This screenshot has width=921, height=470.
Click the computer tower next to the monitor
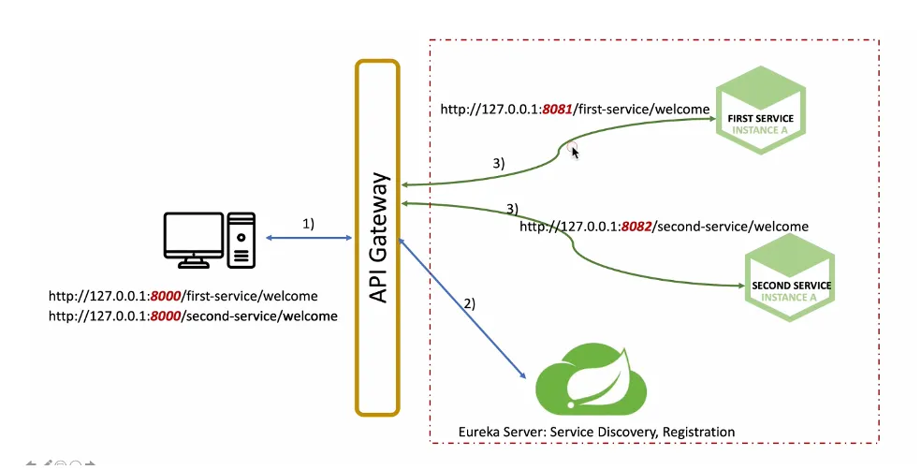(x=241, y=239)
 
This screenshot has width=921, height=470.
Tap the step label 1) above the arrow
(x=308, y=225)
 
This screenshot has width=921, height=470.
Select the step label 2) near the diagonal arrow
(x=469, y=303)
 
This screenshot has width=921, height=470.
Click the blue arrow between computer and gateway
(x=308, y=239)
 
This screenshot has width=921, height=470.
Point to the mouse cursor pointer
(x=575, y=152)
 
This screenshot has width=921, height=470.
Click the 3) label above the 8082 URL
(x=512, y=207)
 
